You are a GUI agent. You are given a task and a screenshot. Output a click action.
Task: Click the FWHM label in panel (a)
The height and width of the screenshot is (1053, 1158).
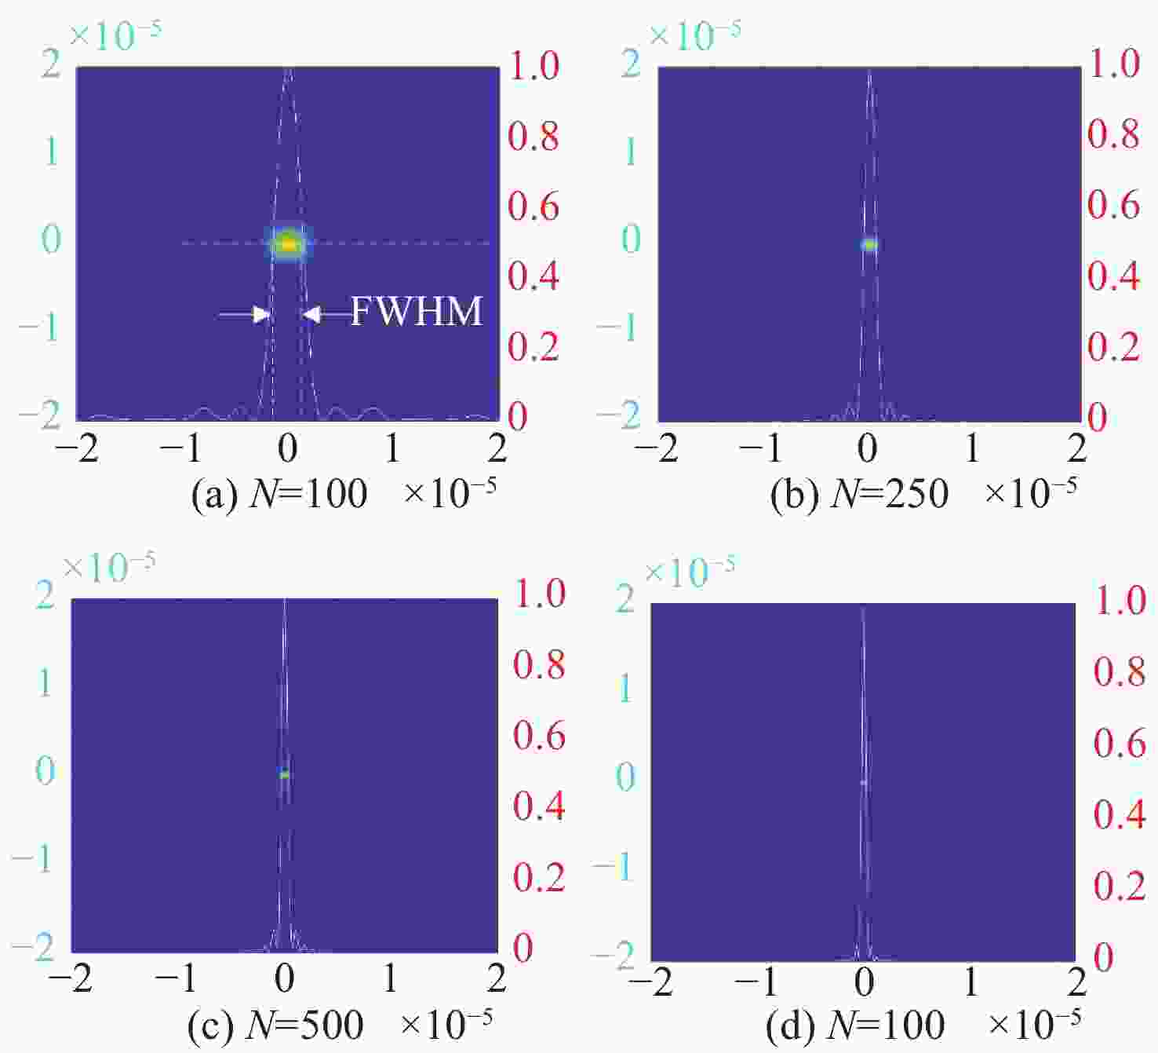point(416,311)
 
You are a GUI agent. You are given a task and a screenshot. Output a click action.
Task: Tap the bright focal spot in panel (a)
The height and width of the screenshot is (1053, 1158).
point(288,244)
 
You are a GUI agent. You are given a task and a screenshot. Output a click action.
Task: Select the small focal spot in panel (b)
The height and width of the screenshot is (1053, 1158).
point(868,244)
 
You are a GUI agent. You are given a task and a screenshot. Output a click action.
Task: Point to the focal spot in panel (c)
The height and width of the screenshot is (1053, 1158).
point(284,775)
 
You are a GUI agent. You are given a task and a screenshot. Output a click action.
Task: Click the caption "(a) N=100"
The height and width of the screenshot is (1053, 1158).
point(279,495)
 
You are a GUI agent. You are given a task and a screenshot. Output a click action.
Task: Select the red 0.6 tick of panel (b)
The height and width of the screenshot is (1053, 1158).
point(1113,205)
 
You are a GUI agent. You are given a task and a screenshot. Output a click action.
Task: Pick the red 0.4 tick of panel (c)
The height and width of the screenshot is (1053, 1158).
point(539,806)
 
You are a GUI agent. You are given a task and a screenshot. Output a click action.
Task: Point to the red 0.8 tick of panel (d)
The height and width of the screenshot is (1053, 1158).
point(1120,672)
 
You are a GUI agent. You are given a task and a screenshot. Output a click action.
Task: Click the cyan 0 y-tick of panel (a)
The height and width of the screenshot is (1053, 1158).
point(51,239)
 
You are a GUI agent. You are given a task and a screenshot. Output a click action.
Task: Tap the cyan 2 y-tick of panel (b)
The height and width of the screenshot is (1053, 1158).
point(631,64)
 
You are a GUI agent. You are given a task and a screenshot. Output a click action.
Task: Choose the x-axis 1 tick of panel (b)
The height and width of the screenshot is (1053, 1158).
point(972,448)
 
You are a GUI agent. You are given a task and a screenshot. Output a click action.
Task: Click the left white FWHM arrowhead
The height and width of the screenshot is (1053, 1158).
point(261,315)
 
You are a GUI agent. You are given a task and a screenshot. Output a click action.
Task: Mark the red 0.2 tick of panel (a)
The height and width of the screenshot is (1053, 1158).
point(533,346)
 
